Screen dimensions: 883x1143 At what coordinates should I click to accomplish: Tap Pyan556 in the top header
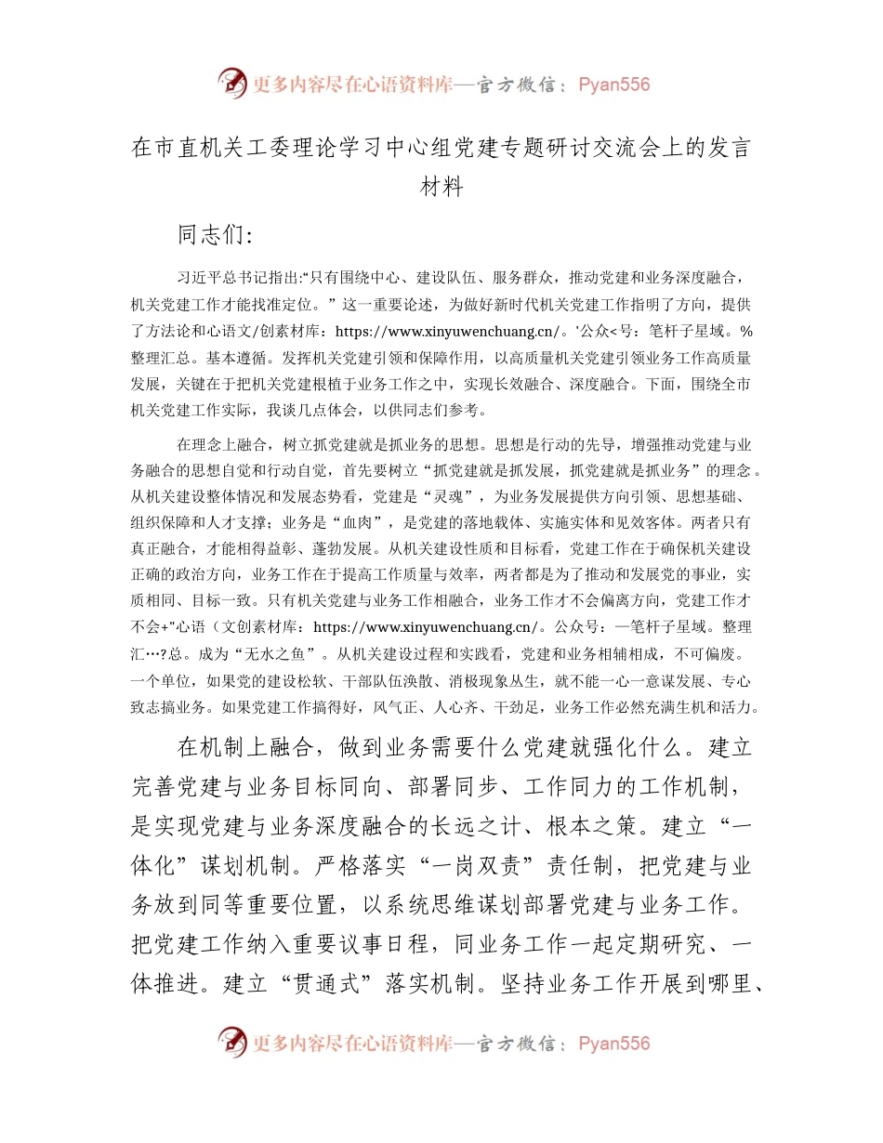pos(613,85)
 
